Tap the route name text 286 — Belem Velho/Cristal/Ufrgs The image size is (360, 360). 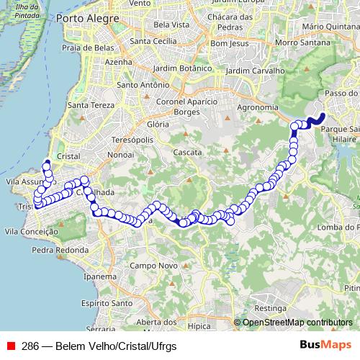(x=99, y=345)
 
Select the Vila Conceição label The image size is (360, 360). (x=30, y=232)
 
